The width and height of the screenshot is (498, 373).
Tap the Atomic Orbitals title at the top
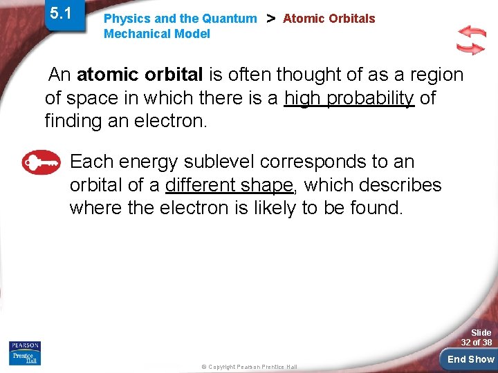click(329, 19)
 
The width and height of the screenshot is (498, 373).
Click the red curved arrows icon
click(471, 40)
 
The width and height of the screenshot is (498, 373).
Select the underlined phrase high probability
click(349, 98)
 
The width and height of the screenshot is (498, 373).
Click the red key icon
click(41, 163)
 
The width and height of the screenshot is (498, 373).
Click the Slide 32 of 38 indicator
click(477, 338)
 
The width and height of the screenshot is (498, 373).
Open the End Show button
click(470, 359)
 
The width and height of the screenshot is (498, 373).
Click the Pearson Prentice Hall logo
click(24, 353)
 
